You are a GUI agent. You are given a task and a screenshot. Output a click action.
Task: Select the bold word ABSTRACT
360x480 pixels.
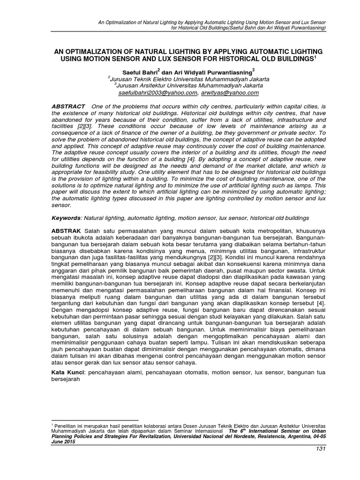click(x=68, y=107)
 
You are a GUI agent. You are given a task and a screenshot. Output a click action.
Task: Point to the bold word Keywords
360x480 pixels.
click(x=66, y=218)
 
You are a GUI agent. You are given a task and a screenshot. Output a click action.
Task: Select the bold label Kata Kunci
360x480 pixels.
click(x=68, y=372)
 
